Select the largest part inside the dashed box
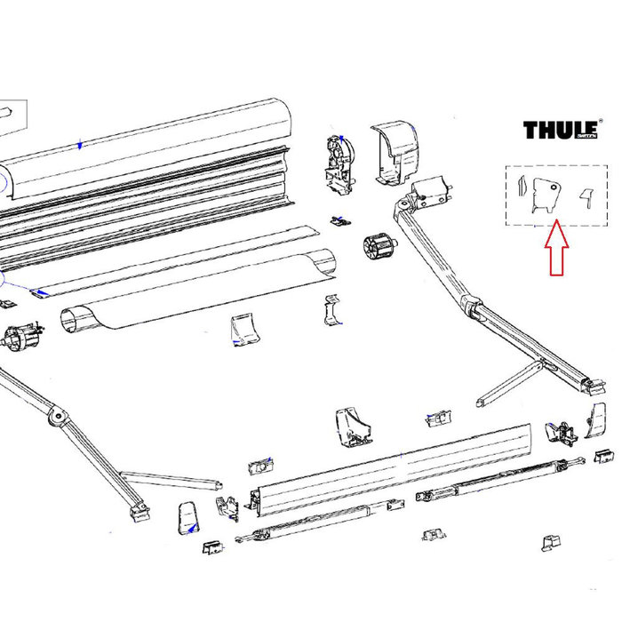pyautogui.click(x=545, y=195)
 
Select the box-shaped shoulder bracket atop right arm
pyautogui.click(x=435, y=190)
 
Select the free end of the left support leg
pyautogui.click(x=216, y=485)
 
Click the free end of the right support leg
pyautogui.click(x=482, y=402)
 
